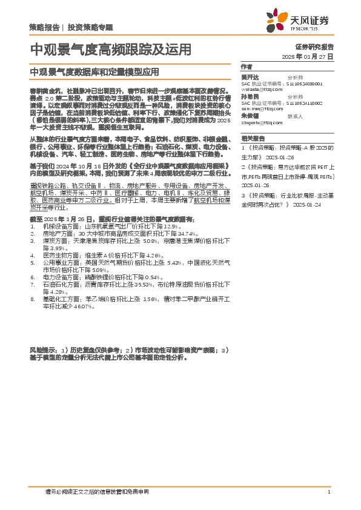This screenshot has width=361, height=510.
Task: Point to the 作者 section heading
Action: click(247, 67)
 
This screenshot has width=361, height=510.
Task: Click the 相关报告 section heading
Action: click(251, 138)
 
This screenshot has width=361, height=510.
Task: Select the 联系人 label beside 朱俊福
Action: click(294, 115)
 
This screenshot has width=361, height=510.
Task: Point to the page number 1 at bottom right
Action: click(328, 492)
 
